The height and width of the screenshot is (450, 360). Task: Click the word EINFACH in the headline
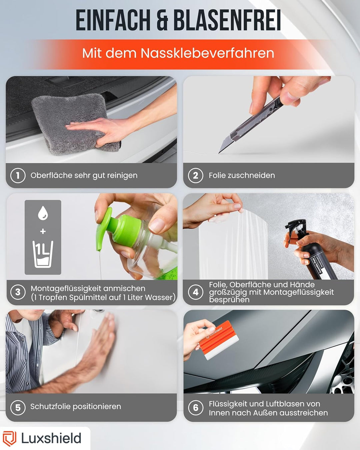point(113,20)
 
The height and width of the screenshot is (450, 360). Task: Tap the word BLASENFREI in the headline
point(227,20)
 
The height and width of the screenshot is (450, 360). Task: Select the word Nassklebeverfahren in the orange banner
point(207,53)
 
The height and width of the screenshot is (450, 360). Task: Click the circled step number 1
point(18,175)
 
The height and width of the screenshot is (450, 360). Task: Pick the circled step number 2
point(196,175)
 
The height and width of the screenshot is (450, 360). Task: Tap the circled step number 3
point(18,292)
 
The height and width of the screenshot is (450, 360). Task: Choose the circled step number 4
point(196,292)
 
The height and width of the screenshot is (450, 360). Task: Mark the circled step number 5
point(18,407)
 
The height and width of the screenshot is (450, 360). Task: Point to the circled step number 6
point(196,407)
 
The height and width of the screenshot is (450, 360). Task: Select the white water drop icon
point(43,213)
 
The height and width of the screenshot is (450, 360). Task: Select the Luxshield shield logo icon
point(9,438)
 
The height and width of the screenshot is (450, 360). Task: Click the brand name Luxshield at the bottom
point(51,438)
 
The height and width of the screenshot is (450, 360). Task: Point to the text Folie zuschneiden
point(242,175)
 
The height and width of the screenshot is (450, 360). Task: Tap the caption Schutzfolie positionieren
point(76,407)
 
